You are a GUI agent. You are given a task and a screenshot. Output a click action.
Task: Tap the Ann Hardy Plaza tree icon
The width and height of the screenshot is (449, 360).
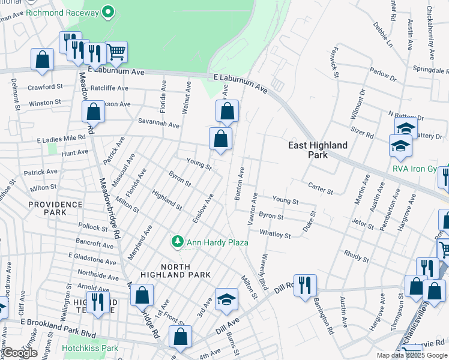pos(177,242)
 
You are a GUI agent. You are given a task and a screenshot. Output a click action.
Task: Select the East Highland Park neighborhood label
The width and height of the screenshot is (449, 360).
pos(318,150)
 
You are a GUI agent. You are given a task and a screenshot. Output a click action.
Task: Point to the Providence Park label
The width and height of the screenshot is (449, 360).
pos(55,209)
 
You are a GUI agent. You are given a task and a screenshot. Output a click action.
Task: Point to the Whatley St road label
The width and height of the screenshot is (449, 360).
pos(275,235)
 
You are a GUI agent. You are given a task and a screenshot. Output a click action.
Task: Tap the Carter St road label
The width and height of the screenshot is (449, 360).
pos(319,188)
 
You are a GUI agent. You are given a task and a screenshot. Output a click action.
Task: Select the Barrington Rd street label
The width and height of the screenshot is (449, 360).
pos(321,316)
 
